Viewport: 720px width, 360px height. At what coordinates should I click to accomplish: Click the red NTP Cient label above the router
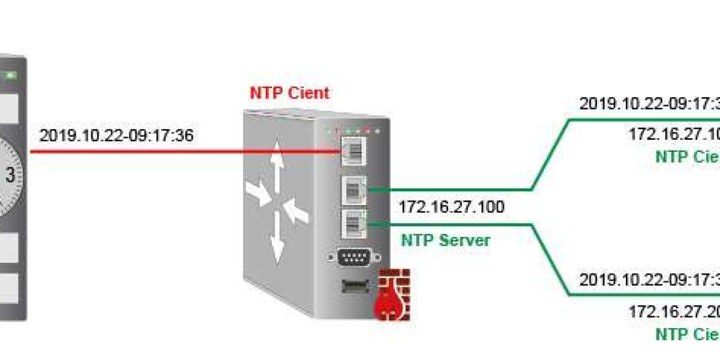coord(289,94)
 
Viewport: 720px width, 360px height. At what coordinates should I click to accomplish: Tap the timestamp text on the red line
coord(116,136)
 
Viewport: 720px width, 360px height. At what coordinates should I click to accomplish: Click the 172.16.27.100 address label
coord(451,208)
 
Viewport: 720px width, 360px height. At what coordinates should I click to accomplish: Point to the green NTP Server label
coord(445,241)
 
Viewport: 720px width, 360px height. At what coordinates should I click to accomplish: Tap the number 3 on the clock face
coord(10,175)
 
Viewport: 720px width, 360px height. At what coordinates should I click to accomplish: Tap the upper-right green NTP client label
coord(686,157)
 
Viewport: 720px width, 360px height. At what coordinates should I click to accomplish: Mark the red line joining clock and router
coord(180,151)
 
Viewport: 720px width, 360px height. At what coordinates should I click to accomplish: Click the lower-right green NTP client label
coord(686,334)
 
